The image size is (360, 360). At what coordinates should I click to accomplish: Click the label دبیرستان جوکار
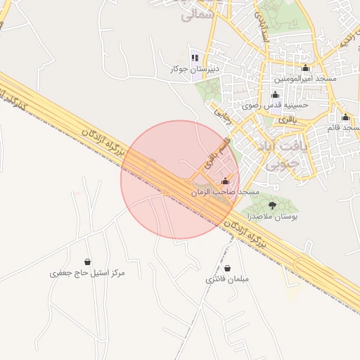[x=195, y=69]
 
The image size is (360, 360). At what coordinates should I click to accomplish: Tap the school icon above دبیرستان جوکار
[x=195, y=58]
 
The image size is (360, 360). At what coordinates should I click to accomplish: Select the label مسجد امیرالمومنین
[x=305, y=78]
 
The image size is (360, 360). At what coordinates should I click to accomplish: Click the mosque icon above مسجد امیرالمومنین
[x=305, y=68]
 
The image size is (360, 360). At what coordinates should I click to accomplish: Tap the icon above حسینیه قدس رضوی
[x=274, y=95]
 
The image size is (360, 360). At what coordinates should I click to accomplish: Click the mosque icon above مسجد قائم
[x=345, y=117]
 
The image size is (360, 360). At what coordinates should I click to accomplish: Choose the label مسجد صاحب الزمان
[x=225, y=191]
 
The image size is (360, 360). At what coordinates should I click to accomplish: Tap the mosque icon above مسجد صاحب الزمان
[x=225, y=181]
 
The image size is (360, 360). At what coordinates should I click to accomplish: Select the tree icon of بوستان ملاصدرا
[x=271, y=206]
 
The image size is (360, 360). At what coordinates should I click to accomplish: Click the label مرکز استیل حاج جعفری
[x=87, y=272]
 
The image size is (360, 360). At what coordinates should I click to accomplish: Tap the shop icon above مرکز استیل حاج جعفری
[x=87, y=262]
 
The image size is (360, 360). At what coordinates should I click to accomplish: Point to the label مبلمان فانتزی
[x=228, y=278]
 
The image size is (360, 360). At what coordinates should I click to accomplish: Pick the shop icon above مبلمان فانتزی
[x=228, y=268]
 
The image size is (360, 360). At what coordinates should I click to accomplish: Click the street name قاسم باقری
[x=216, y=154]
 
